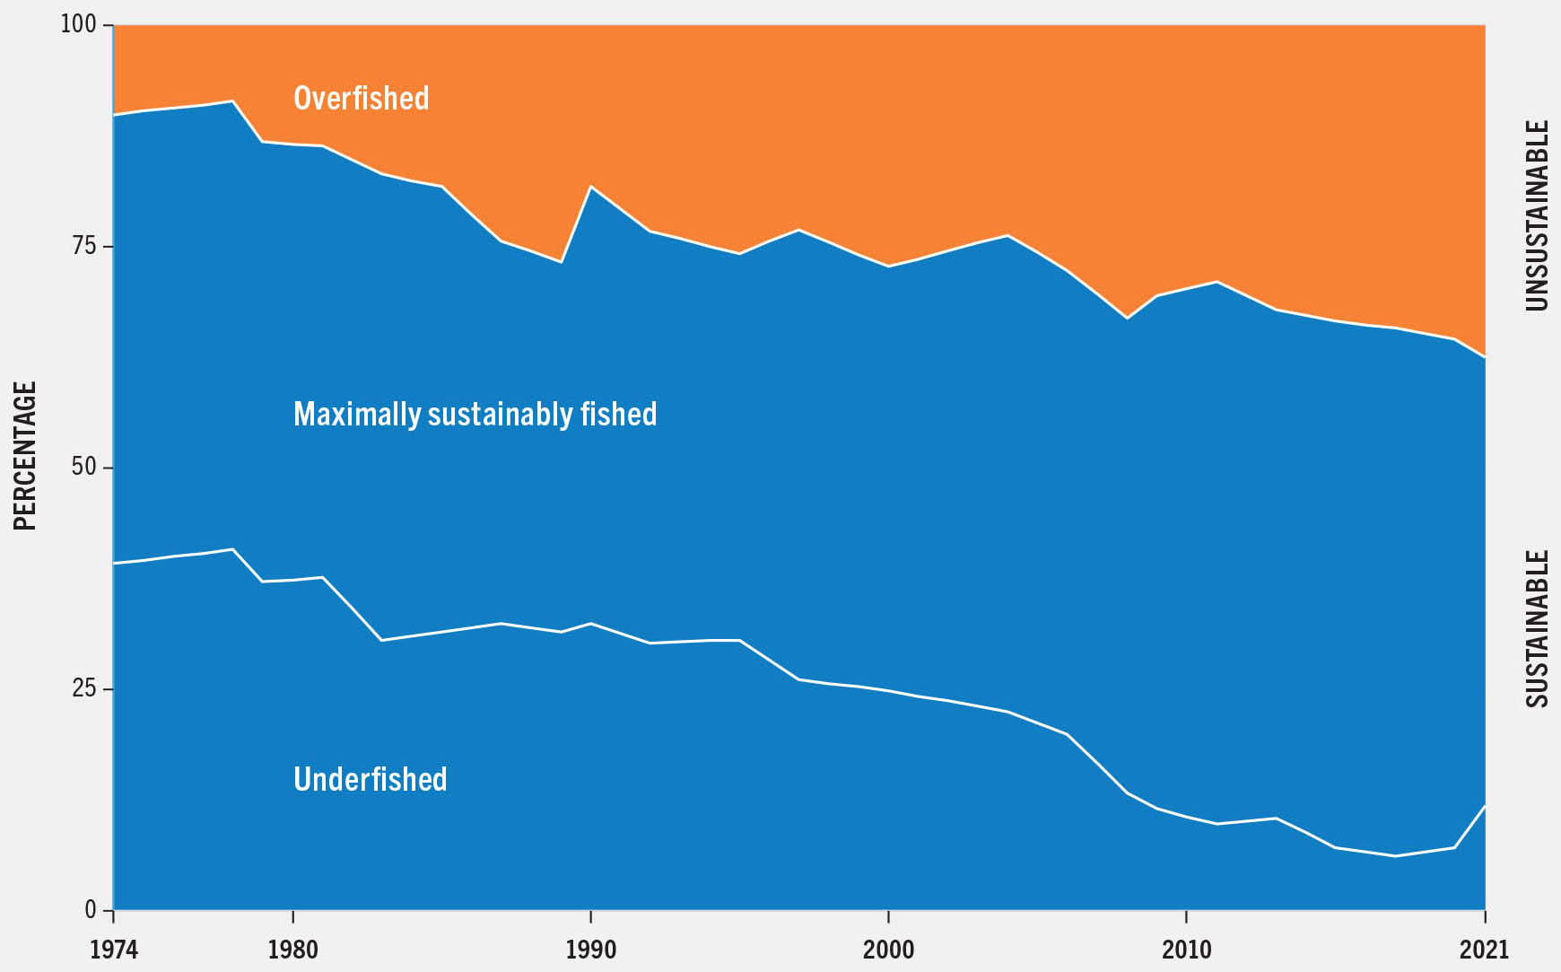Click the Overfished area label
[x=361, y=98]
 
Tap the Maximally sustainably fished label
[x=475, y=414]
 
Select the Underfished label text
[x=370, y=779]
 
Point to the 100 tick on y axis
[x=78, y=24]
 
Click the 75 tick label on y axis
[x=83, y=246]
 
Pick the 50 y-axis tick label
[x=83, y=468]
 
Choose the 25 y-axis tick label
[x=83, y=688]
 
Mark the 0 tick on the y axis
[x=90, y=910]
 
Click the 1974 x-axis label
[x=114, y=950]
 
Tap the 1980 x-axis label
[x=293, y=950]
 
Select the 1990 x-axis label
[x=590, y=950]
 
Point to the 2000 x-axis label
[x=888, y=950]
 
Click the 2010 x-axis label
[x=1186, y=950]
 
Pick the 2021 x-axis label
[x=1484, y=950]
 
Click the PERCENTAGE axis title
[x=25, y=455]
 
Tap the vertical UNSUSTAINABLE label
[x=1537, y=215]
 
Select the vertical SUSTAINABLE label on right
[x=1537, y=628]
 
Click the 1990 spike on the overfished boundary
[x=590, y=186]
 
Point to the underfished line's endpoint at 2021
[x=1485, y=806]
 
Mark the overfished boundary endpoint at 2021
[x=1485, y=357]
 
